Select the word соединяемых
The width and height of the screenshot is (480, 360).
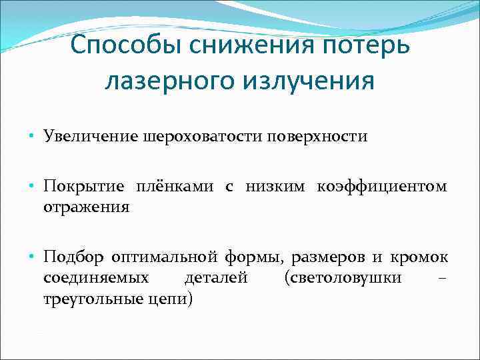tap(96, 277)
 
